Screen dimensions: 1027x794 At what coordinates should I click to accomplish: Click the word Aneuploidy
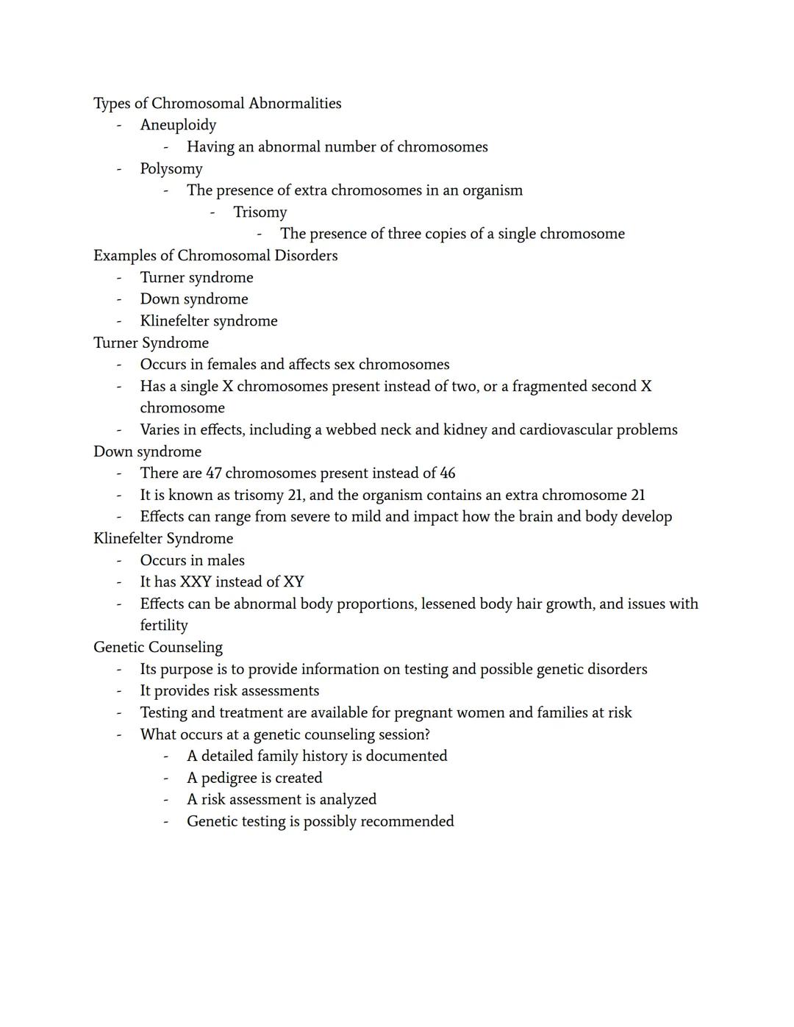pos(178,126)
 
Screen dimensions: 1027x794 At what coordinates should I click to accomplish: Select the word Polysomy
pos(171,169)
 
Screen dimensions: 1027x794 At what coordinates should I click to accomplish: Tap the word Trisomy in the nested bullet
pos(260,212)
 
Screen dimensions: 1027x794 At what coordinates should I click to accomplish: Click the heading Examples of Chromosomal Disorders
pos(215,256)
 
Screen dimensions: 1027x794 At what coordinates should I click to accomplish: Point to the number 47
pos(214,473)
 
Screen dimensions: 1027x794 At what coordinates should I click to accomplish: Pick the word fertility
pos(164,626)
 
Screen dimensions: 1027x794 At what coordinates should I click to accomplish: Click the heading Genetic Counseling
pos(158,648)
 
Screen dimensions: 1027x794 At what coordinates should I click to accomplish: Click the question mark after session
pos(426,734)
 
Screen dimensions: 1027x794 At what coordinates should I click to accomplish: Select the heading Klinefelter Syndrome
pos(163,539)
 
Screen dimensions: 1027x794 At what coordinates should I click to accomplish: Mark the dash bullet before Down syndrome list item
pos(118,300)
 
